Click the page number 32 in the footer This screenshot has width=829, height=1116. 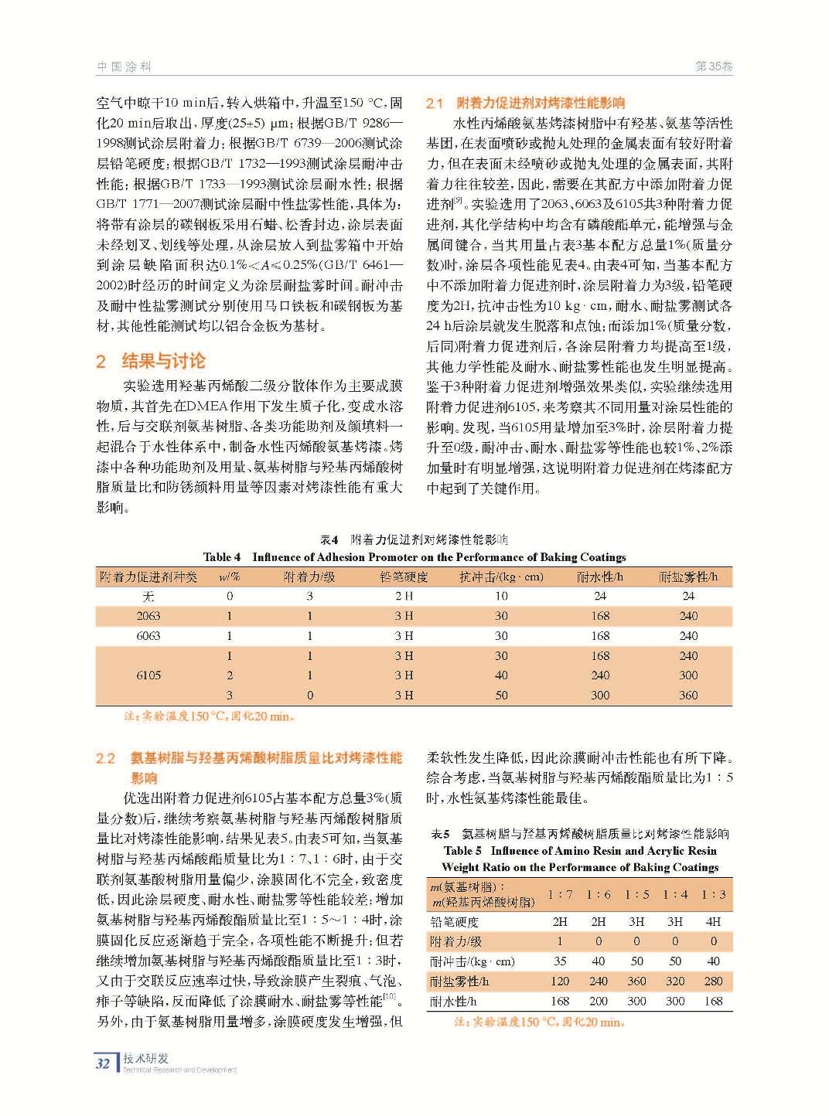pyautogui.click(x=103, y=1063)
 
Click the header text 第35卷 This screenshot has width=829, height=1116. pyautogui.click(x=714, y=67)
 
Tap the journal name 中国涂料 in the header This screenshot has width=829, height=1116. pyautogui.click(x=124, y=67)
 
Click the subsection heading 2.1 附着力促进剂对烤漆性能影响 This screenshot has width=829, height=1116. pyautogui.click(x=525, y=103)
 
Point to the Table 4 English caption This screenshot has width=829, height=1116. pyautogui.click(x=414, y=556)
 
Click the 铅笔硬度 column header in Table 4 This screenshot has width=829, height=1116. pyautogui.click(x=404, y=577)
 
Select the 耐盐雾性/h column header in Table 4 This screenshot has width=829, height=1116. pyautogui.click(x=688, y=577)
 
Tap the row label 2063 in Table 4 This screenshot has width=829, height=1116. pyautogui.click(x=148, y=616)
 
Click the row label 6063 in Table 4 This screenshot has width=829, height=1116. pyautogui.click(x=148, y=635)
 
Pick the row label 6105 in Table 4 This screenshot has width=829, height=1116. pyautogui.click(x=148, y=675)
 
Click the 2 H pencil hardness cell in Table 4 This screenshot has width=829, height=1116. pyautogui.click(x=404, y=596)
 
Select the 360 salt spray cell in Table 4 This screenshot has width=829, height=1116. pyautogui.click(x=688, y=695)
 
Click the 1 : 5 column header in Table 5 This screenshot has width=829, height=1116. pyautogui.click(x=636, y=894)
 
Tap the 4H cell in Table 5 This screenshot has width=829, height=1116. pyautogui.click(x=713, y=921)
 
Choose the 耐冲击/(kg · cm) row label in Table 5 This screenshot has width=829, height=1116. pyautogui.click(x=472, y=961)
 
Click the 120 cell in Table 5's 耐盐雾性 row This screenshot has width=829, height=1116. pyautogui.click(x=560, y=981)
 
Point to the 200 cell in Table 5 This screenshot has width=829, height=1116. pyautogui.click(x=598, y=1001)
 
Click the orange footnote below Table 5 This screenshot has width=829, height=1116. pyautogui.click(x=540, y=1022)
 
